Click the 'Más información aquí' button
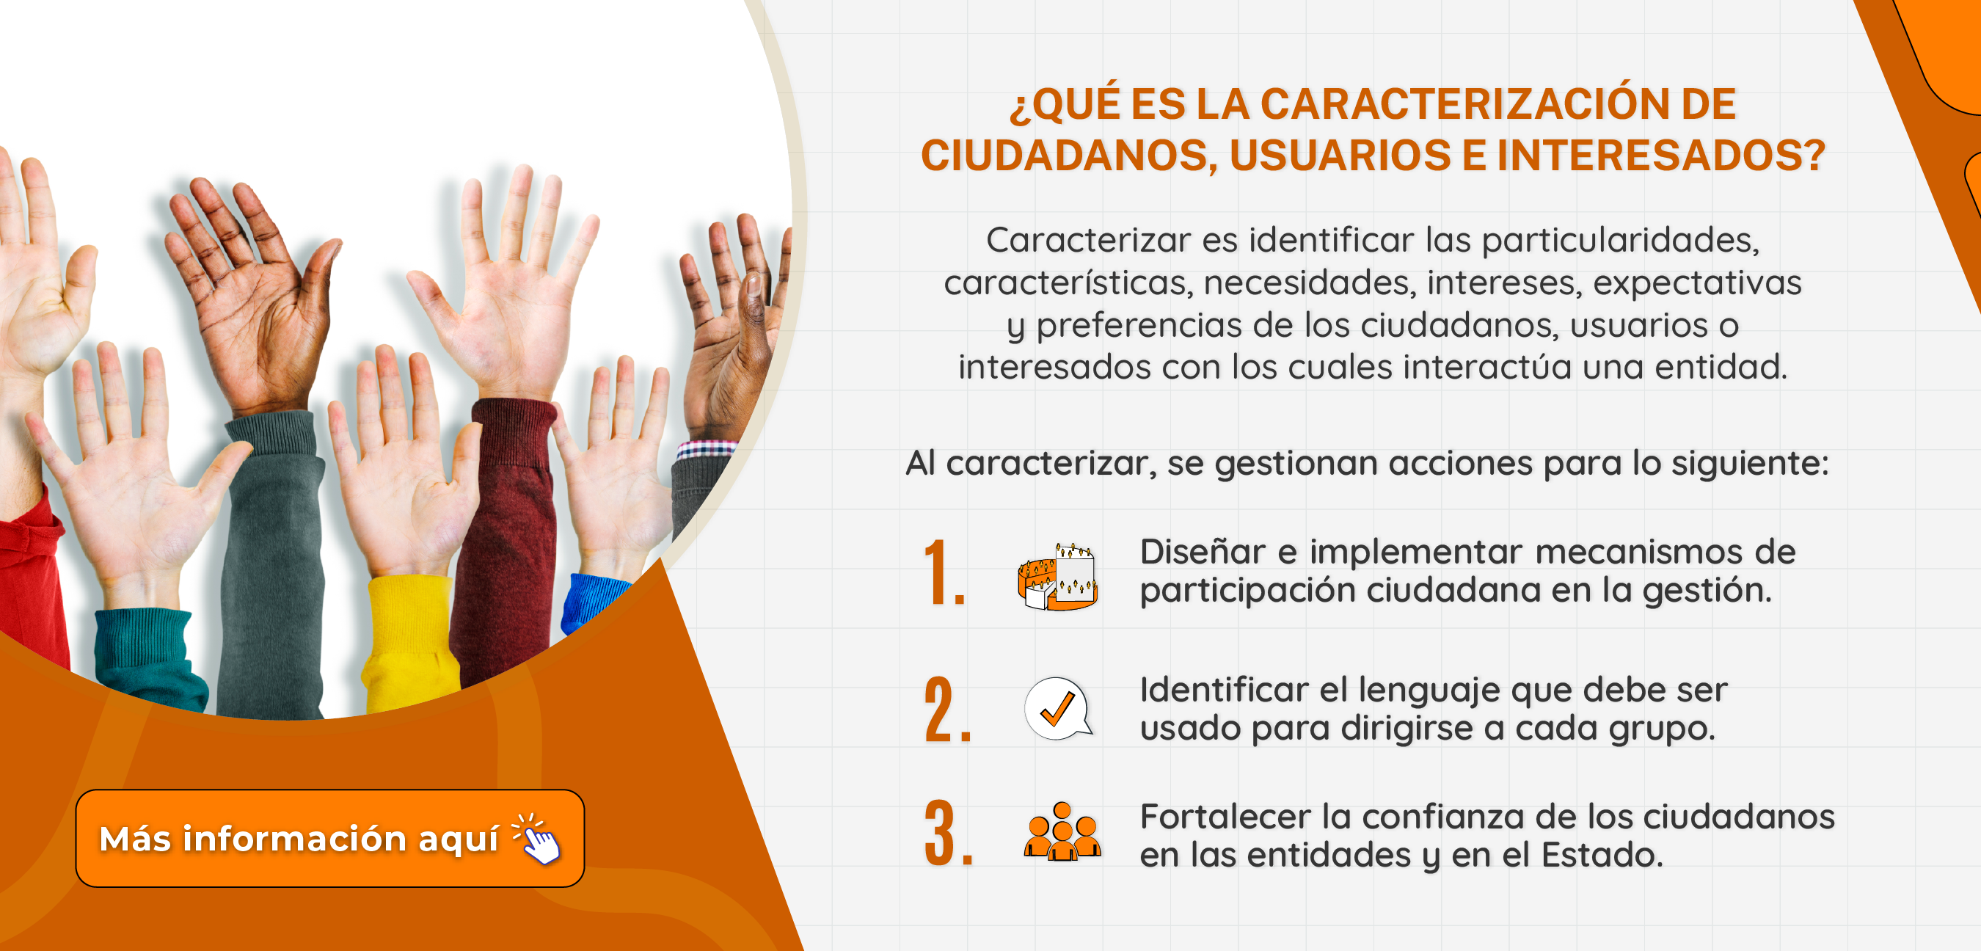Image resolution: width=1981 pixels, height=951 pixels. pos(330,838)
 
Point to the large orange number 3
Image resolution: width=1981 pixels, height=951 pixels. pos(948,833)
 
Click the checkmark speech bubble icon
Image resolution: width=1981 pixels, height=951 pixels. pos(1058,709)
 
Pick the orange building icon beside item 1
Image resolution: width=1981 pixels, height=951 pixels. pos(1057,576)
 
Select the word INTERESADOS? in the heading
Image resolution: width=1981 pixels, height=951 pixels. pos(1661,156)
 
